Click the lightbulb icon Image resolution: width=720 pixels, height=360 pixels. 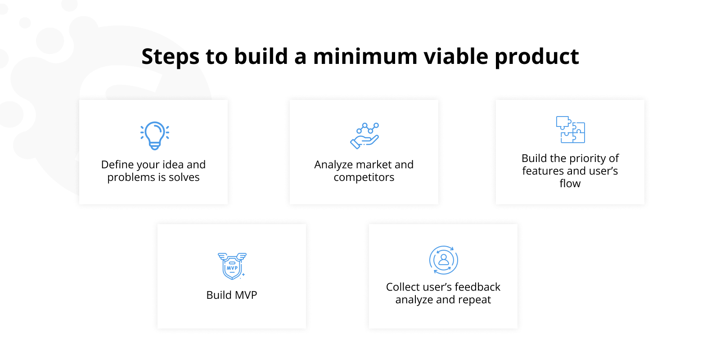pyautogui.click(x=155, y=135)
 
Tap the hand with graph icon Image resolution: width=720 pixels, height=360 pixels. pyautogui.click(x=364, y=135)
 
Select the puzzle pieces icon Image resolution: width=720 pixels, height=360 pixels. pyautogui.click(x=570, y=130)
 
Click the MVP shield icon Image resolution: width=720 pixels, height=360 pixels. pyautogui.click(x=232, y=265)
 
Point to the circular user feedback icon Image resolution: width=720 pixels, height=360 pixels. pyautogui.click(x=443, y=260)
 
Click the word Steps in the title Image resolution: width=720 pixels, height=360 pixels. pyautogui.click(x=170, y=57)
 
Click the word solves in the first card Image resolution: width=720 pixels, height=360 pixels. pyautogui.click(x=184, y=177)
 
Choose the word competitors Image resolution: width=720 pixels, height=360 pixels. pyautogui.click(x=364, y=178)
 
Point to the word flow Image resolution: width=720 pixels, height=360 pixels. pyautogui.click(x=570, y=184)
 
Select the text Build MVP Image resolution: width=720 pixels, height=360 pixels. pyautogui.click(x=231, y=295)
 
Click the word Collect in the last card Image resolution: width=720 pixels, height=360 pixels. pyautogui.click(x=402, y=287)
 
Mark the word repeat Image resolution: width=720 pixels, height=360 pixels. pyautogui.click(x=474, y=300)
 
